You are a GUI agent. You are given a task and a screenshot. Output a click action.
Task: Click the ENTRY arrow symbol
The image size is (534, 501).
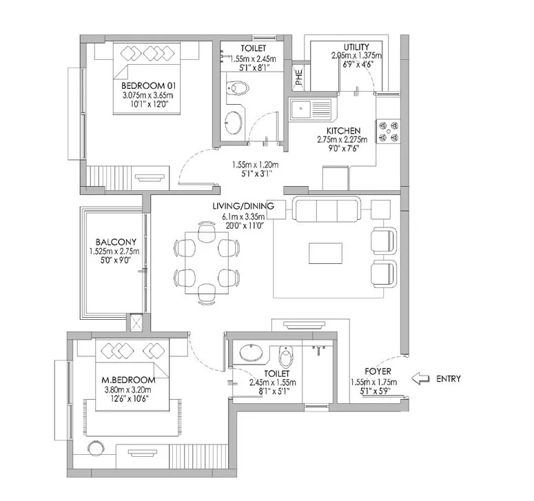[x=420, y=378]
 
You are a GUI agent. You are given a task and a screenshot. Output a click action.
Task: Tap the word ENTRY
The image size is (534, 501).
[x=449, y=379]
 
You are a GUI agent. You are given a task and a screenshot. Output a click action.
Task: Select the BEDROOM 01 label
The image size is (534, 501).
[x=148, y=85]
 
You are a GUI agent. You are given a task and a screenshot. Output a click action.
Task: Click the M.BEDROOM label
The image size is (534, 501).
[x=128, y=380]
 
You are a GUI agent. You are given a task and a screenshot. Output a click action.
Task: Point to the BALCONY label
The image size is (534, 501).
[x=116, y=242]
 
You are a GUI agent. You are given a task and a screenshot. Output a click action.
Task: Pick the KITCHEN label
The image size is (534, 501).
[x=343, y=131]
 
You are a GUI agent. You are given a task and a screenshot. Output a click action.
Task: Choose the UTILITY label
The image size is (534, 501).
[x=356, y=47]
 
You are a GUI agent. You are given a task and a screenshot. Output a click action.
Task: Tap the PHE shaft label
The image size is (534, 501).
[x=299, y=77]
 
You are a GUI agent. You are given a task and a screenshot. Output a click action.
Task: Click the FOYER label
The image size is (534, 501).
[x=378, y=371]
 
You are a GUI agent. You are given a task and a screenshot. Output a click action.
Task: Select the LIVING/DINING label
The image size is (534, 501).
[x=243, y=206]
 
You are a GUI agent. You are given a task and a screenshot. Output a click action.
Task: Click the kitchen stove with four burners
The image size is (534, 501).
[x=388, y=132]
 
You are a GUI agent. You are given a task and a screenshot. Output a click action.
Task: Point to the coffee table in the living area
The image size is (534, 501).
[x=325, y=253]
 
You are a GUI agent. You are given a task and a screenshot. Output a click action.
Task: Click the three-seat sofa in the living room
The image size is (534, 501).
[x=327, y=209]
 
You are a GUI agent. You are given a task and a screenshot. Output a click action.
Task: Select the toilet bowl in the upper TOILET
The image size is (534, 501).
[x=238, y=88]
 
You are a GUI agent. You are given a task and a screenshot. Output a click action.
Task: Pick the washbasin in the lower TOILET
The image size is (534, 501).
[x=251, y=353]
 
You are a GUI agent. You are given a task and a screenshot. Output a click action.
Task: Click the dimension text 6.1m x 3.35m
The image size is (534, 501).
[x=243, y=216]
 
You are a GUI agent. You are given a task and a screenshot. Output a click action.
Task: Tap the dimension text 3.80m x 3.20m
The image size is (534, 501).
[x=127, y=390]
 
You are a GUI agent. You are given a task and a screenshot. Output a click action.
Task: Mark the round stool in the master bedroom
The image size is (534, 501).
[x=96, y=448]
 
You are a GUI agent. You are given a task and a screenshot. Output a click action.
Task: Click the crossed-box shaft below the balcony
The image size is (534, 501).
[x=136, y=322]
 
